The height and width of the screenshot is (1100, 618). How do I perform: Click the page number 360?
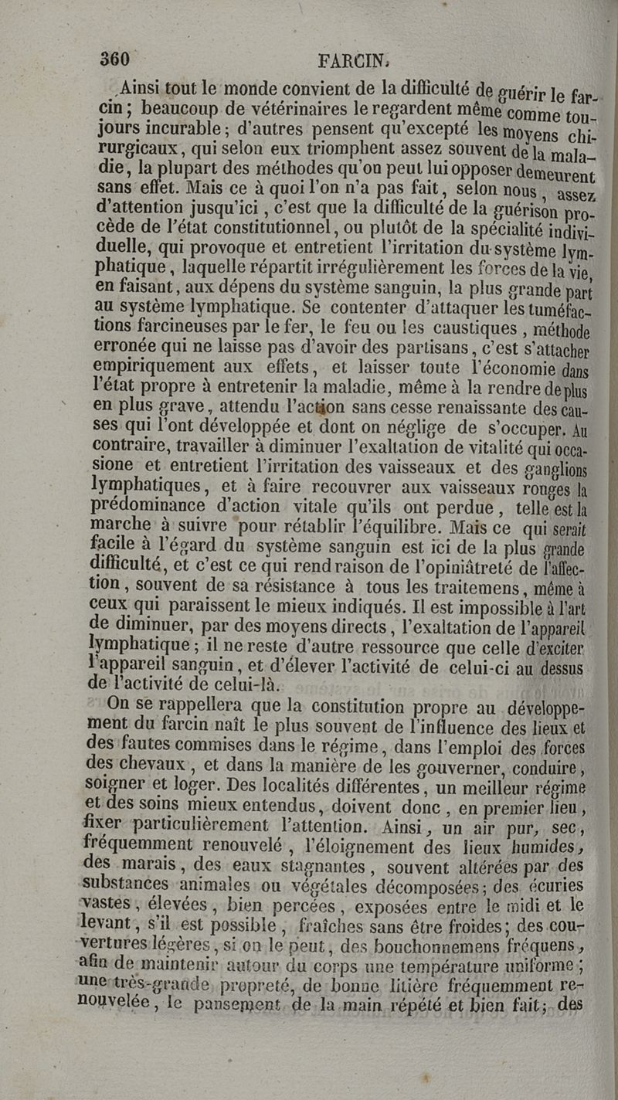click(117, 59)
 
